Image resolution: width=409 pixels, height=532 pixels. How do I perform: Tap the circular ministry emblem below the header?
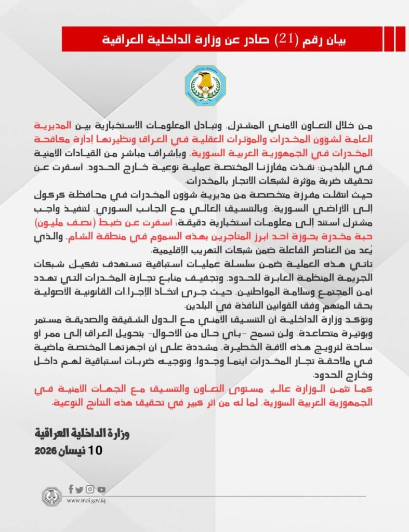[205, 86]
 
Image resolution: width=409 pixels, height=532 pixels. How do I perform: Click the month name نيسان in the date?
[74, 450]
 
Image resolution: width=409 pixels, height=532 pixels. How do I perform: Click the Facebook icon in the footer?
[71, 489]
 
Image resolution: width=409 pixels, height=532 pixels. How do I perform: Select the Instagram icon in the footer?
[90, 489]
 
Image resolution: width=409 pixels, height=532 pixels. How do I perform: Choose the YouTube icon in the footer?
[101, 489]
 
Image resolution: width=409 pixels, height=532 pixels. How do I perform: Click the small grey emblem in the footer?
[51, 497]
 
